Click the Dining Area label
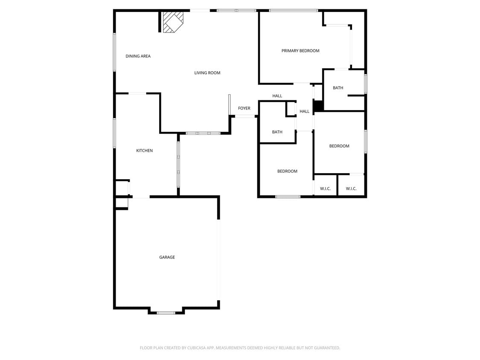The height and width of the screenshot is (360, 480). [138, 56]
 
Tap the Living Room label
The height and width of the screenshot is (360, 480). [207, 73]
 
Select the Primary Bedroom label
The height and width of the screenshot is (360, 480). [300, 51]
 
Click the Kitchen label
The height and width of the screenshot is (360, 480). [144, 151]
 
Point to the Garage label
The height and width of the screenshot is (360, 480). [167, 257]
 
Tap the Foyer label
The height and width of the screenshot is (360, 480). [244, 108]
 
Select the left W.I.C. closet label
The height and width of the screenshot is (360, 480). [325, 189]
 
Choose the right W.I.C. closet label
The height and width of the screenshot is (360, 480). [351, 189]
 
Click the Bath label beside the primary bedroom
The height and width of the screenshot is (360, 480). [338, 88]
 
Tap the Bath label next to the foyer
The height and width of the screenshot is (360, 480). [277, 132]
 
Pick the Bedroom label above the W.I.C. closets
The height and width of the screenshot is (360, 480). [339, 146]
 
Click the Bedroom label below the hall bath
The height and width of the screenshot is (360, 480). [287, 171]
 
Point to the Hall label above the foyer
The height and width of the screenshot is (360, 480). [277, 96]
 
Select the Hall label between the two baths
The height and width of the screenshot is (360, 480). [304, 111]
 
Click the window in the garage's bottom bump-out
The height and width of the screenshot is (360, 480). [166, 313]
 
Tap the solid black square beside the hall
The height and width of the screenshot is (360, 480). [318, 105]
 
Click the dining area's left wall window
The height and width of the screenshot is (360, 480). [114, 52]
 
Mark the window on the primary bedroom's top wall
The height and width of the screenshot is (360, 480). [294, 10]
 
